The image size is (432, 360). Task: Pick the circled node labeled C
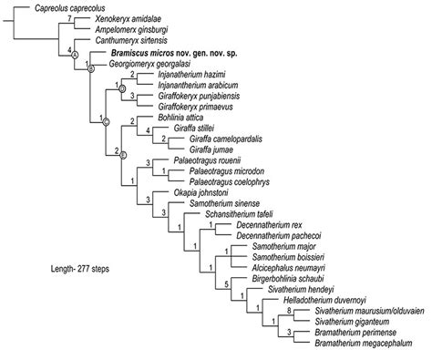105,121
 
